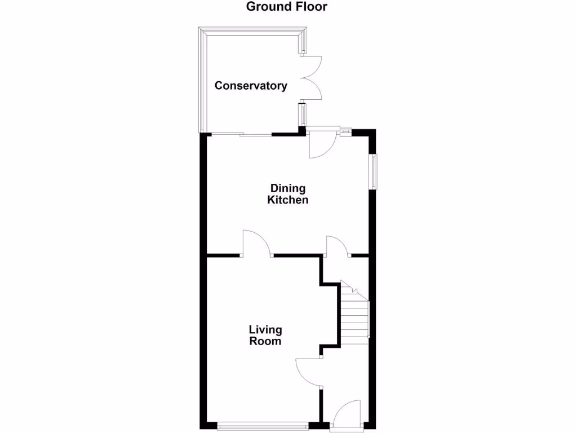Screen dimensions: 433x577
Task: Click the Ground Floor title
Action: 287,7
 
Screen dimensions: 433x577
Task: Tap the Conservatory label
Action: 251,86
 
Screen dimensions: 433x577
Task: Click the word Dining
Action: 288,188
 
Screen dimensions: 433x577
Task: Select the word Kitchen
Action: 288,200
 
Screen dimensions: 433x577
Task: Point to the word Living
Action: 265,330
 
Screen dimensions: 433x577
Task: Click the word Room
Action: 265,341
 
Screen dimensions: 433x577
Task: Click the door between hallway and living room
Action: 309,372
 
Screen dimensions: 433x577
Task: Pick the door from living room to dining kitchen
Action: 256,244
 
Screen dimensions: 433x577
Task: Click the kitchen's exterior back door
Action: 323,143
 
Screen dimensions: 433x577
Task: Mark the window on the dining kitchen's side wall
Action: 373,171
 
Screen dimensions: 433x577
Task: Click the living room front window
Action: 262,426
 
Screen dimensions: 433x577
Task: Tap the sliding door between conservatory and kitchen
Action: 242,134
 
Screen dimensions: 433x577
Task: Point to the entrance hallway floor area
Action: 345,372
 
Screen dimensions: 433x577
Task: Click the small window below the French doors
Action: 303,116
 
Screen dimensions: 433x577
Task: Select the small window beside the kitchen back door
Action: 345,132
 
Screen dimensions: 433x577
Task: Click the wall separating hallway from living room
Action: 321,403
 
